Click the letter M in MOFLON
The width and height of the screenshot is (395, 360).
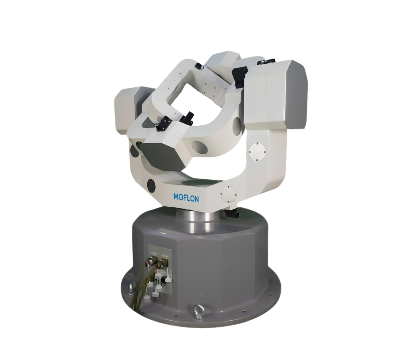tap(176, 197)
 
